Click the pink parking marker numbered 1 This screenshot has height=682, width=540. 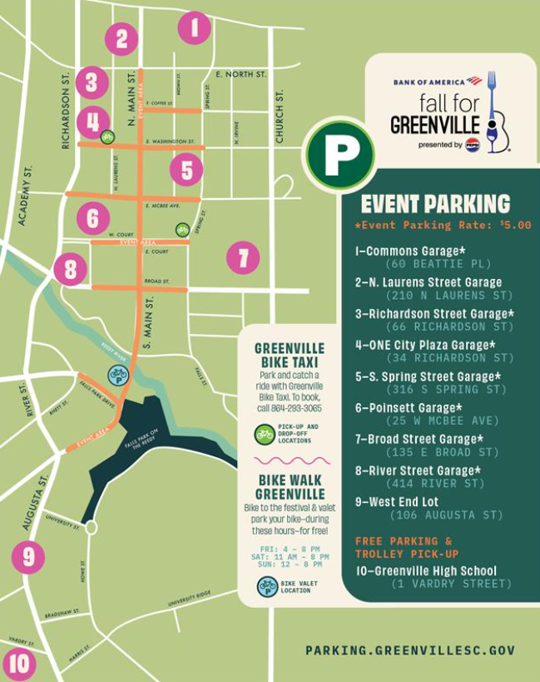tap(194, 28)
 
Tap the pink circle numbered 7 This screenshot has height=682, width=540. tap(243, 257)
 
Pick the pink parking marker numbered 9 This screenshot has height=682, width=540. tap(28, 556)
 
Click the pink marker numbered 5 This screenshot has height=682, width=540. tap(186, 171)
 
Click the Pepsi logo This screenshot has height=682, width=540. tap(472, 145)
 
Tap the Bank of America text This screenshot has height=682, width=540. tap(429, 82)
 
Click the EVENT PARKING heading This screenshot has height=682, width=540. tap(435, 203)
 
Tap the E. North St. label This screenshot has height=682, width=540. tap(240, 74)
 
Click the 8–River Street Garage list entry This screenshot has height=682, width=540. tap(418, 470)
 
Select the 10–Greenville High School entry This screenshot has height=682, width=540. tap(425, 570)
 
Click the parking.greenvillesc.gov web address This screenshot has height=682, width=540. tap(409, 650)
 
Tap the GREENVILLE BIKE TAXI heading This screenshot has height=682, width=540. tap(290, 355)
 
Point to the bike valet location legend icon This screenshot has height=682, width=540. tap(267, 586)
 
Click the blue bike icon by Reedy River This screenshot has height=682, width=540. tap(118, 375)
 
